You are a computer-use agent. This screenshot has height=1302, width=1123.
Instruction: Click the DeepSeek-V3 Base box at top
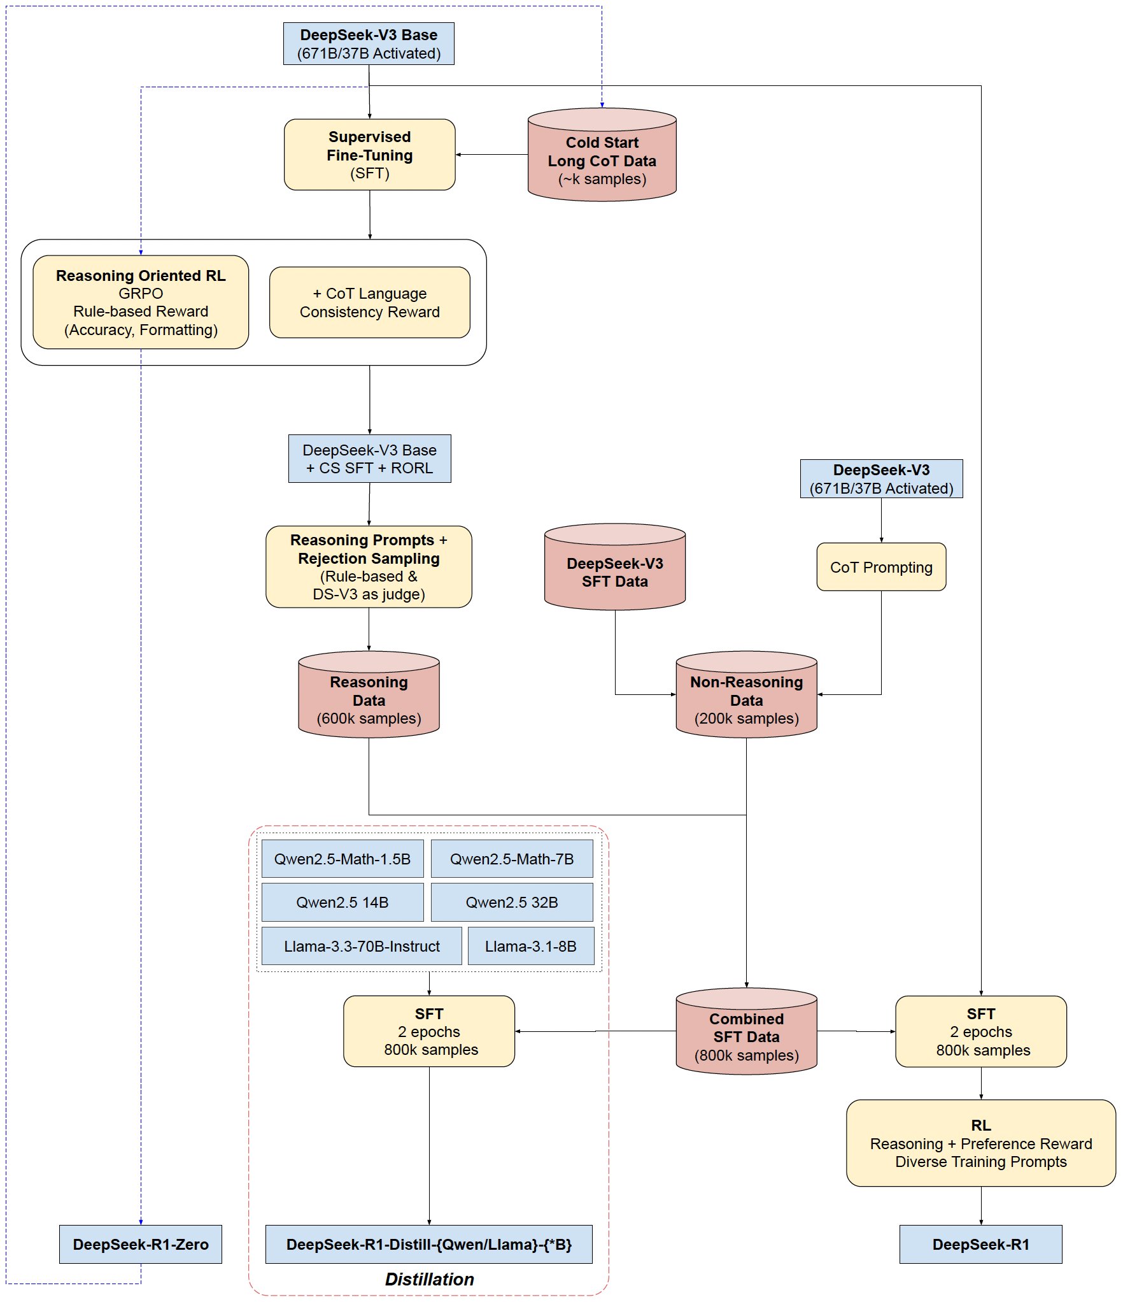(x=369, y=44)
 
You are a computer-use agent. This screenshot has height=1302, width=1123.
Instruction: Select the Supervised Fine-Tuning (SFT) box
(x=369, y=155)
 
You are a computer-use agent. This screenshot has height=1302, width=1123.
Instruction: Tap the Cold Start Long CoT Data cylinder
(x=602, y=160)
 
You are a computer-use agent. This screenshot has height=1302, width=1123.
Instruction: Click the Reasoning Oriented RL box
(x=141, y=303)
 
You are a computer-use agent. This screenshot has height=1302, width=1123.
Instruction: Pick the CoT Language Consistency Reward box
(x=369, y=303)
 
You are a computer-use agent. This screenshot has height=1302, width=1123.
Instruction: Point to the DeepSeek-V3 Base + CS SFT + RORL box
(x=369, y=459)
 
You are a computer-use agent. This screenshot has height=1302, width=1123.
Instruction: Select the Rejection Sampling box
(x=369, y=567)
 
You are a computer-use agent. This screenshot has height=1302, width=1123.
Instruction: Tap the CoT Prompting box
(x=881, y=567)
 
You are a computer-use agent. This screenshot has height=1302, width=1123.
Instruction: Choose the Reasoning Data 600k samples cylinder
(x=369, y=699)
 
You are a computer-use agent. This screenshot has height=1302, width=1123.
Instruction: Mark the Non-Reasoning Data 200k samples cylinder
(x=746, y=699)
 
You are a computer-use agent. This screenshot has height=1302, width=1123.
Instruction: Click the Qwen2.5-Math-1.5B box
(x=343, y=859)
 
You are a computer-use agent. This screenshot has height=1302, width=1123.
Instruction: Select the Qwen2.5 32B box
(x=512, y=902)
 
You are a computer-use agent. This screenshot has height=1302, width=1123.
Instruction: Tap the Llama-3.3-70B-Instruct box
(x=362, y=946)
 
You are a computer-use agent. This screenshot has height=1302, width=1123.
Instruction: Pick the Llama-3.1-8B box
(x=531, y=946)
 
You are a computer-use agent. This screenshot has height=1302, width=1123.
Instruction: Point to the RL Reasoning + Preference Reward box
(x=980, y=1143)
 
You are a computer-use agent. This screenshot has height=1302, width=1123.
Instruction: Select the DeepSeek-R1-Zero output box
(x=141, y=1244)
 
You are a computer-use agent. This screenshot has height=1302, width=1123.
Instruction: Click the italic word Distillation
(x=429, y=1279)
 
